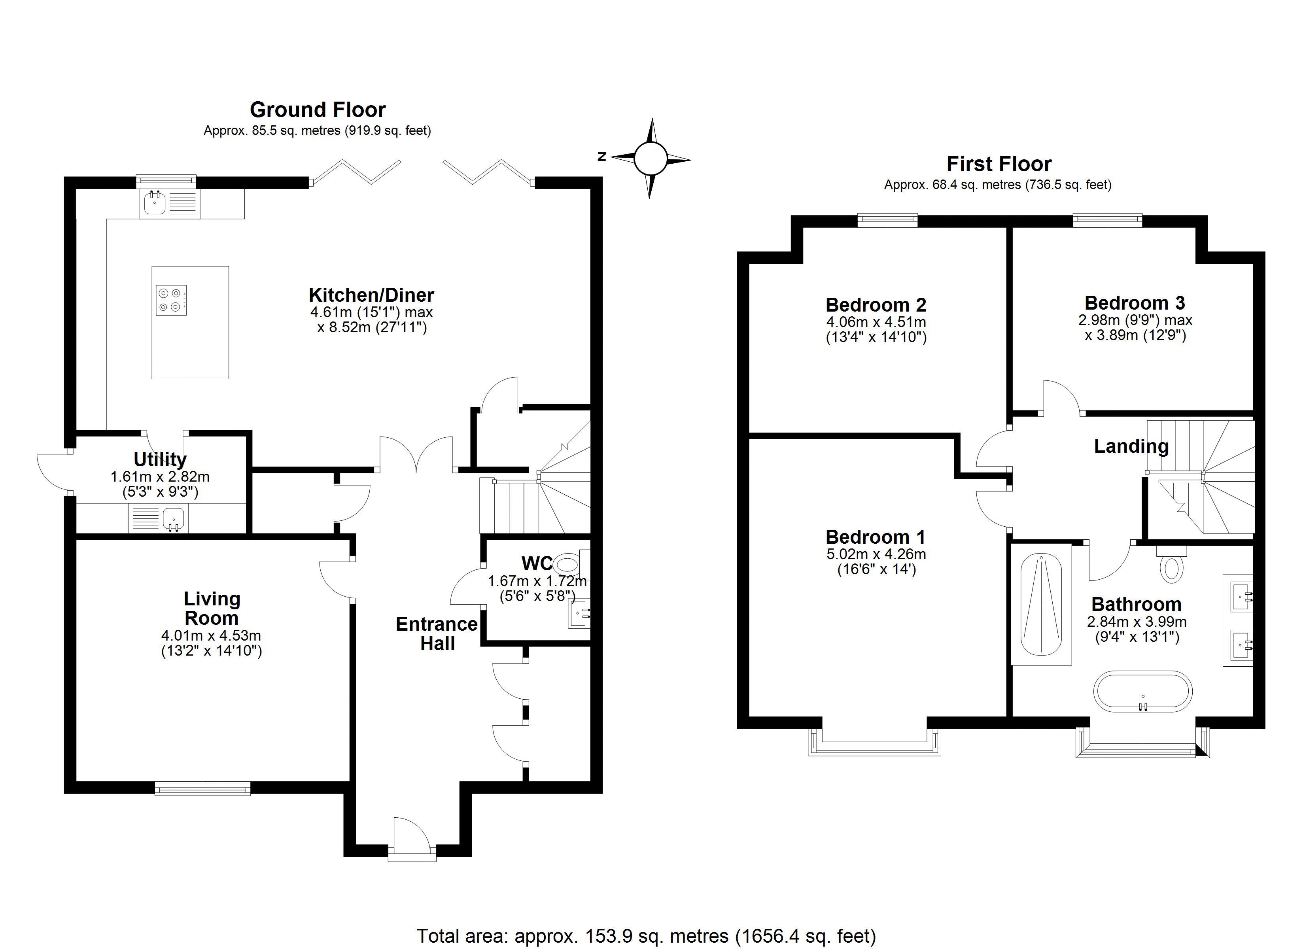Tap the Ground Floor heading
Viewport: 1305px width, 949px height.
[318, 110]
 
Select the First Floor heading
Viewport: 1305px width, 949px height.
[999, 164]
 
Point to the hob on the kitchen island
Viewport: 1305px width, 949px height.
[171, 300]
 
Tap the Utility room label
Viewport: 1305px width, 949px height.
[160, 459]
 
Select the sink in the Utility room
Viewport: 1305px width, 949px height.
[173, 518]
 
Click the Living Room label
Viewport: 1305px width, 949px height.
[212, 608]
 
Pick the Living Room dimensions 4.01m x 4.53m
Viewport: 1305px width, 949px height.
[211, 636]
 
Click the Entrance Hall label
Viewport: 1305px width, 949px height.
[437, 633]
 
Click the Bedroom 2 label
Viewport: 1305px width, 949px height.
[876, 304]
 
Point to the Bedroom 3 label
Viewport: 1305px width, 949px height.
[1135, 303]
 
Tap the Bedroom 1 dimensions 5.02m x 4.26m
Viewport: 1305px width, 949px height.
[876, 555]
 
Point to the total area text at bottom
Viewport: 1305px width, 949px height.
[646, 936]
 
